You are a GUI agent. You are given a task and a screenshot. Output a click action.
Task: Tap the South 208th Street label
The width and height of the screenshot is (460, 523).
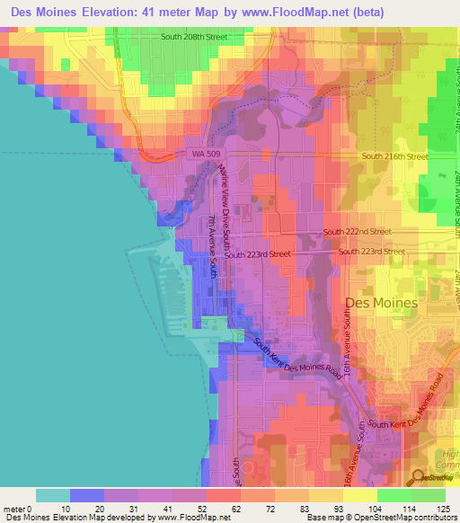(193, 38)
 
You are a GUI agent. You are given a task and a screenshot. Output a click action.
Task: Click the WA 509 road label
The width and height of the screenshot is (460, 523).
(206, 155)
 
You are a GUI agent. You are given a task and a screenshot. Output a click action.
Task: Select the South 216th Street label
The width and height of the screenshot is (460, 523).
(394, 156)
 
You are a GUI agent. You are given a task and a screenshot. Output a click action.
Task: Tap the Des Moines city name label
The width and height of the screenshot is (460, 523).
(381, 303)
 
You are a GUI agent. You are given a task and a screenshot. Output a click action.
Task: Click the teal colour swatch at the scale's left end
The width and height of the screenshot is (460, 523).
(53, 495)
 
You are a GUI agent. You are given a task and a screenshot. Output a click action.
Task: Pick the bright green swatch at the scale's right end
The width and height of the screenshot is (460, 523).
(429, 495)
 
